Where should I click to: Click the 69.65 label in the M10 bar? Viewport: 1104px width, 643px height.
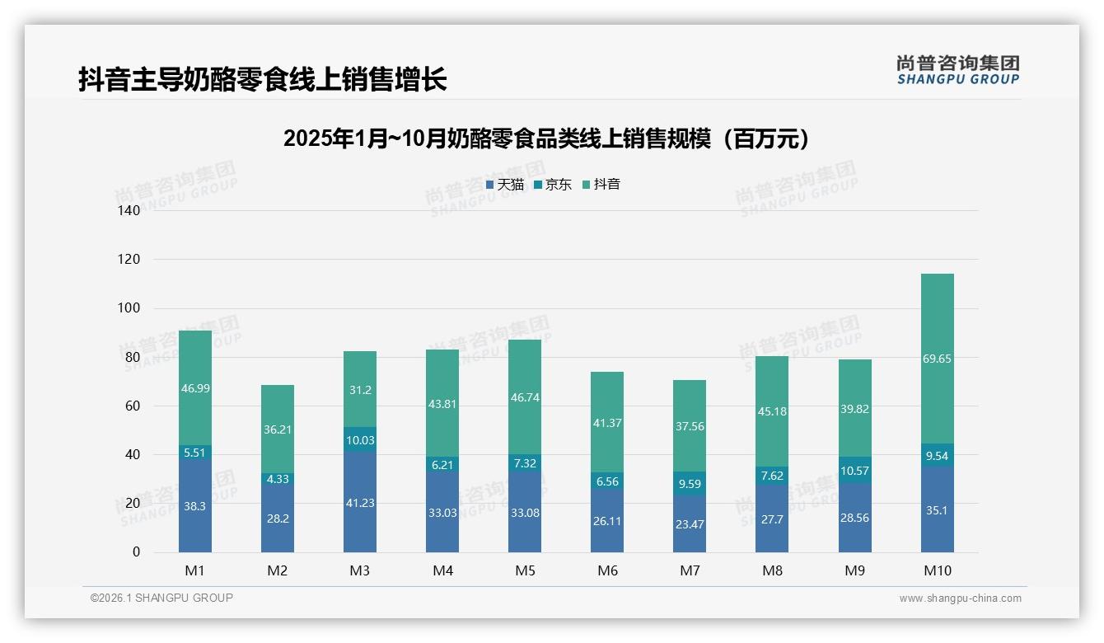pyautogui.click(x=937, y=359)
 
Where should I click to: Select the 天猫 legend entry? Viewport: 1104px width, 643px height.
pyautogui.click(x=505, y=185)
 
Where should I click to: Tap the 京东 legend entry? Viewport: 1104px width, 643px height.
pyautogui.click(x=553, y=185)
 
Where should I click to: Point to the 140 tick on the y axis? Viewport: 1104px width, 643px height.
pyautogui.click(x=129, y=210)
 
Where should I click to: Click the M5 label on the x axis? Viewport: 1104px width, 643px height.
pyautogui.click(x=525, y=570)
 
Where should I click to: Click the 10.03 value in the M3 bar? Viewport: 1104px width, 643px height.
pyautogui.click(x=360, y=440)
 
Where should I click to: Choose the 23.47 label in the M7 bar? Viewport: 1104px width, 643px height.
pyautogui.click(x=690, y=523)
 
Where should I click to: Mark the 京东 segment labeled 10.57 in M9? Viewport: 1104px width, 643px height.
pyautogui.click(x=854, y=471)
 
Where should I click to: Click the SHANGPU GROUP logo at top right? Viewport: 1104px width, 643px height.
pyautogui.click(x=957, y=70)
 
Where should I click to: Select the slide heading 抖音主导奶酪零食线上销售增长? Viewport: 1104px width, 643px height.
pyautogui.click(x=262, y=80)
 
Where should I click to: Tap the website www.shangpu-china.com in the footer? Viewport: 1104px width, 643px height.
pyautogui.click(x=960, y=598)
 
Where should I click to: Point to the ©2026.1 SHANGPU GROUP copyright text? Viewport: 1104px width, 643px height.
pyautogui.click(x=161, y=598)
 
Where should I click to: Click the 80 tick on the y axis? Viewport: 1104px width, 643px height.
pyautogui.click(x=132, y=357)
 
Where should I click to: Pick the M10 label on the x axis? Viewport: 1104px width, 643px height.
pyautogui.click(x=937, y=570)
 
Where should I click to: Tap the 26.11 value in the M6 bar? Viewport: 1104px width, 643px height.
pyautogui.click(x=607, y=520)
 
